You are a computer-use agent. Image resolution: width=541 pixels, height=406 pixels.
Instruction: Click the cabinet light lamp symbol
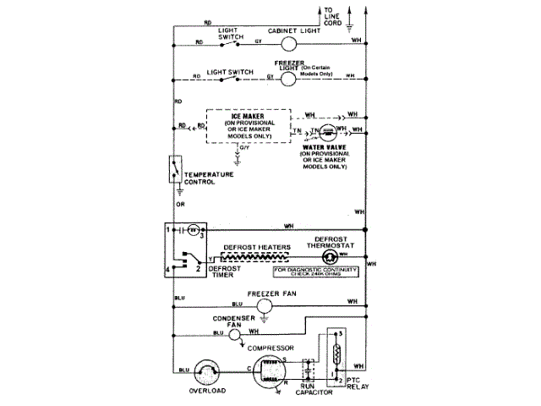(x=287, y=41)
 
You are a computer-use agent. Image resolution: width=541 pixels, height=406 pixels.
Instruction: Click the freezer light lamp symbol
(x=287, y=78)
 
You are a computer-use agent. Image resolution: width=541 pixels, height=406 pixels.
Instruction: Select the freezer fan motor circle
(x=264, y=304)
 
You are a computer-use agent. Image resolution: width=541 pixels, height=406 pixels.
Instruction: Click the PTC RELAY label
(x=358, y=388)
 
